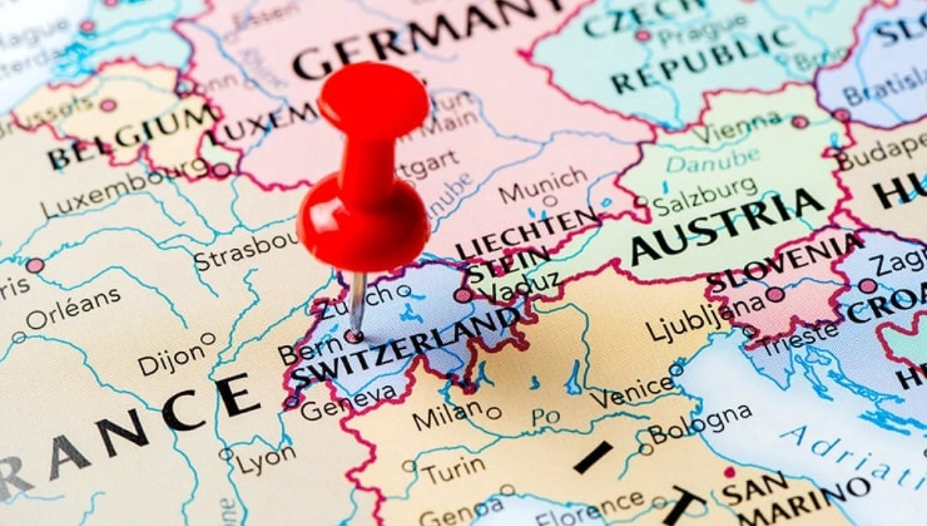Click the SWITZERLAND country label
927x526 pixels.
406,349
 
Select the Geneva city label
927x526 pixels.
348,403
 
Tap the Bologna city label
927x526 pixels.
700,423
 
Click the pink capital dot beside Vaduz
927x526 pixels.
463,295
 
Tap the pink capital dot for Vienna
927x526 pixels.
800,122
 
